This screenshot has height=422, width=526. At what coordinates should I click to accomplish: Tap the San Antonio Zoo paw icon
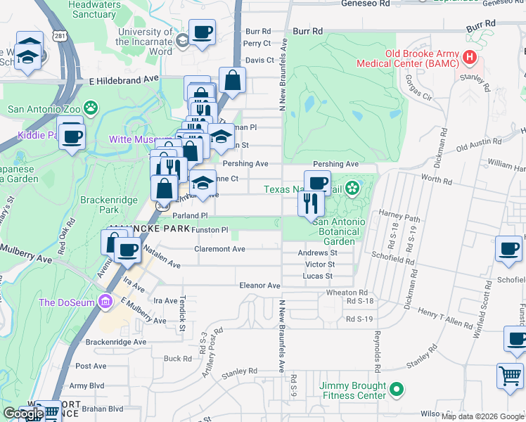tap(91, 108)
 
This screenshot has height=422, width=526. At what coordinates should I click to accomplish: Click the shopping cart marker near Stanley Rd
tap(509, 373)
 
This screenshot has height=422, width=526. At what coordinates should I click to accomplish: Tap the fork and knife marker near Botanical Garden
tap(309, 203)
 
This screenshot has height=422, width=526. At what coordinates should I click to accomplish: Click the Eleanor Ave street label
tap(260, 286)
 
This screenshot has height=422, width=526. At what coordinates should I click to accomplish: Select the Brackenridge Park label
tap(108, 205)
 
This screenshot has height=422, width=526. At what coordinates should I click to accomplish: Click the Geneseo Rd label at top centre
tap(365, 4)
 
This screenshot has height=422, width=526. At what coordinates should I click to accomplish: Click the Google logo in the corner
tap(23, 414)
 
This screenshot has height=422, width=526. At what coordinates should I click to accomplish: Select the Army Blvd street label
tap(86, 385)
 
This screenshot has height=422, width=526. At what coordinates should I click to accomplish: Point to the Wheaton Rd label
tap(347, 293)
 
